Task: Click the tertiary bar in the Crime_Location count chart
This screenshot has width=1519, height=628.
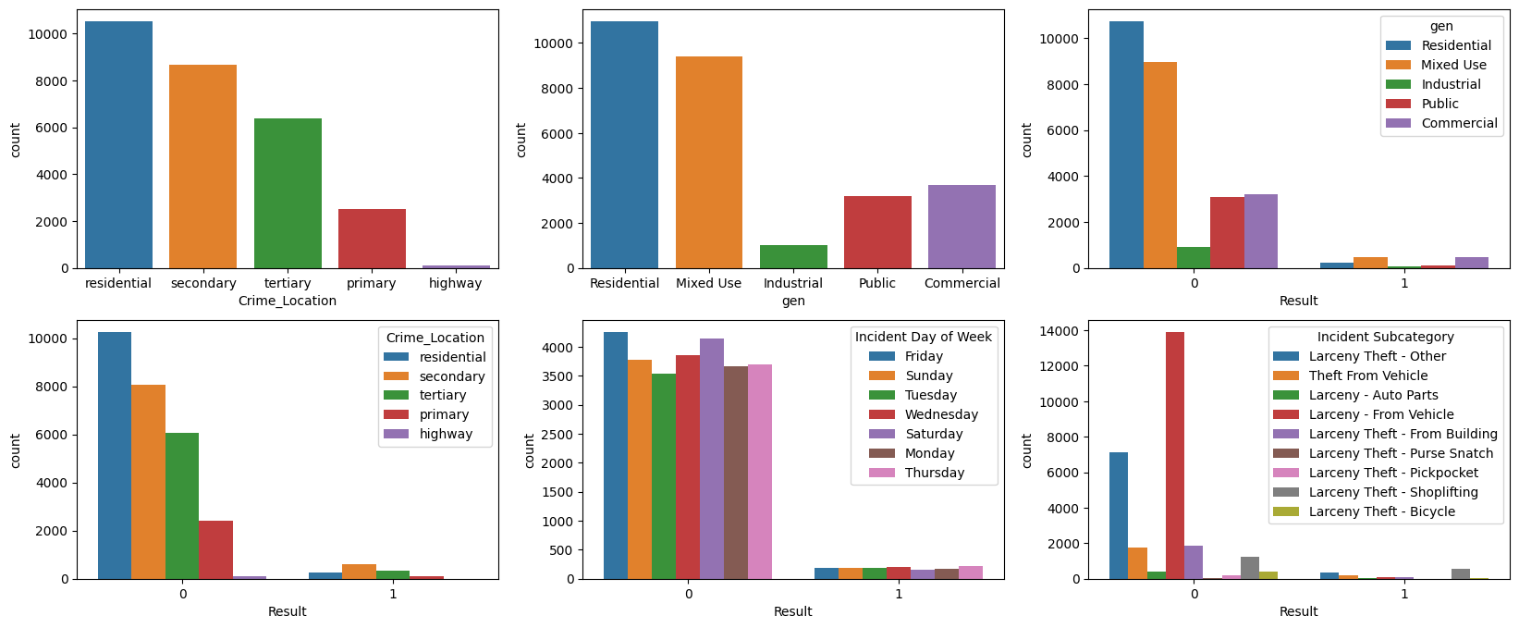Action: (288, 193)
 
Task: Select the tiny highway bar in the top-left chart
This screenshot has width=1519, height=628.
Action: (456, 266)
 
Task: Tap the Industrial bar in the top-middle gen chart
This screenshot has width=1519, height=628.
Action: (793, 256)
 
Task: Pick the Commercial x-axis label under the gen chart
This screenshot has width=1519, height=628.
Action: (962, 284)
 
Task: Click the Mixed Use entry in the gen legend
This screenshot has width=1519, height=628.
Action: (1453, 65)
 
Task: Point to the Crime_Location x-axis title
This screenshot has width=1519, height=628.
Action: (288, 301)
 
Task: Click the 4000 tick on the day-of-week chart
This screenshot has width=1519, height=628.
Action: (563, 348)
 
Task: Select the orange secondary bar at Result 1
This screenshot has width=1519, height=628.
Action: (359, 572)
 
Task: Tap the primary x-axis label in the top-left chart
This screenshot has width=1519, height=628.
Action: (372, 284)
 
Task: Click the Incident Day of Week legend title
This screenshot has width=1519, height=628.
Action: (923, 337)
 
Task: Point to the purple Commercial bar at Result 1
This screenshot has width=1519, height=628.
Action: (1472, 263)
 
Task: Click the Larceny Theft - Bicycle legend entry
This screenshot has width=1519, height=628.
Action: (1381, 511)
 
